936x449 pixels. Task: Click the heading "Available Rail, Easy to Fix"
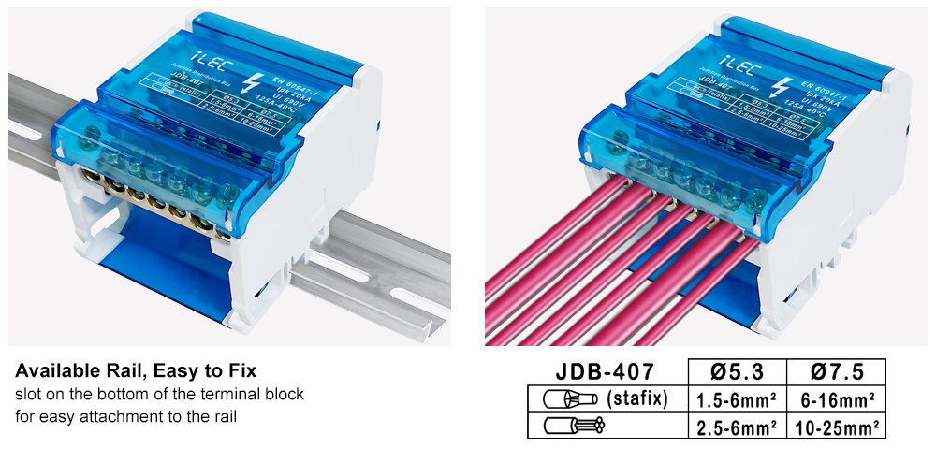click(x=136, y=370)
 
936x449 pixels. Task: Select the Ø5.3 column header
click(x=737, y=372)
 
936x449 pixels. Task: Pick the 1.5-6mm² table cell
click(x=737, y=400)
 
